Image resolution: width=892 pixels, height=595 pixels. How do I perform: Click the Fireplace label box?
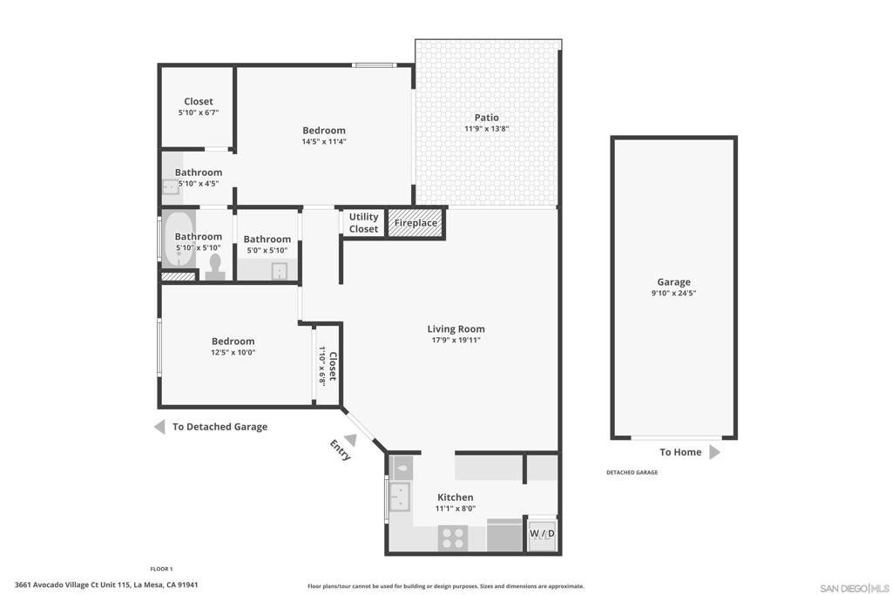[x=416, y=222]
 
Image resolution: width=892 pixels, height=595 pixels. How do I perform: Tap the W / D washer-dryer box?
[x=542, y=533]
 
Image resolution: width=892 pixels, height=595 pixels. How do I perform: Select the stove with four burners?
[x=453, y=538]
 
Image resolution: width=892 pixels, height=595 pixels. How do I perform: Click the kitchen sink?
[x=400, y=497]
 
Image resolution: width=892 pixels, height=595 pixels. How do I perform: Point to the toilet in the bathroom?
[x=215, y=267]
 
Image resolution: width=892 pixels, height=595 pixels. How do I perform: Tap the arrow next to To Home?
[x=715, y=452]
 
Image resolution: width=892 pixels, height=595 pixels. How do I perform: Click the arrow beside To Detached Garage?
[x=160, y=427]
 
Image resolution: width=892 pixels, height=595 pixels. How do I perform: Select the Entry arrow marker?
[x=351, y=440]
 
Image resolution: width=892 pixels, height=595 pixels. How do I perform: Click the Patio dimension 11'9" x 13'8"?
[x=486, y=129]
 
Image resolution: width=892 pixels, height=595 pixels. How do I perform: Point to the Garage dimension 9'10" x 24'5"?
[x=673, y=293]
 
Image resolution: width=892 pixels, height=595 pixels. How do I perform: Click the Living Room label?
[x=456, y=328]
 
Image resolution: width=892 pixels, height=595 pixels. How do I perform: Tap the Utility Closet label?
[x=363, y=223]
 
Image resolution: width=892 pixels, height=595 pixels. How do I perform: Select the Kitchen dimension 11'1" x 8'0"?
[x=455, y=509]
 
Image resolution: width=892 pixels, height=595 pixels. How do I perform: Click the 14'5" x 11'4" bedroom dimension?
[x=324, y=141]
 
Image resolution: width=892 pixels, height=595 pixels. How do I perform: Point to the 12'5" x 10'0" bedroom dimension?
[x=233, y=352]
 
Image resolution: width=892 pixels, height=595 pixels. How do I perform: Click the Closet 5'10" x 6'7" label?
[x=199, y=106]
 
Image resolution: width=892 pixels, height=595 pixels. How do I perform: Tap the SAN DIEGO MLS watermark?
[x=855, y=588]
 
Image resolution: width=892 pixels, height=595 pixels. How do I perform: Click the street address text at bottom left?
[x=106, y=585]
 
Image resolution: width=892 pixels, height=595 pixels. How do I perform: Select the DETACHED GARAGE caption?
[x=632, y=472]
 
